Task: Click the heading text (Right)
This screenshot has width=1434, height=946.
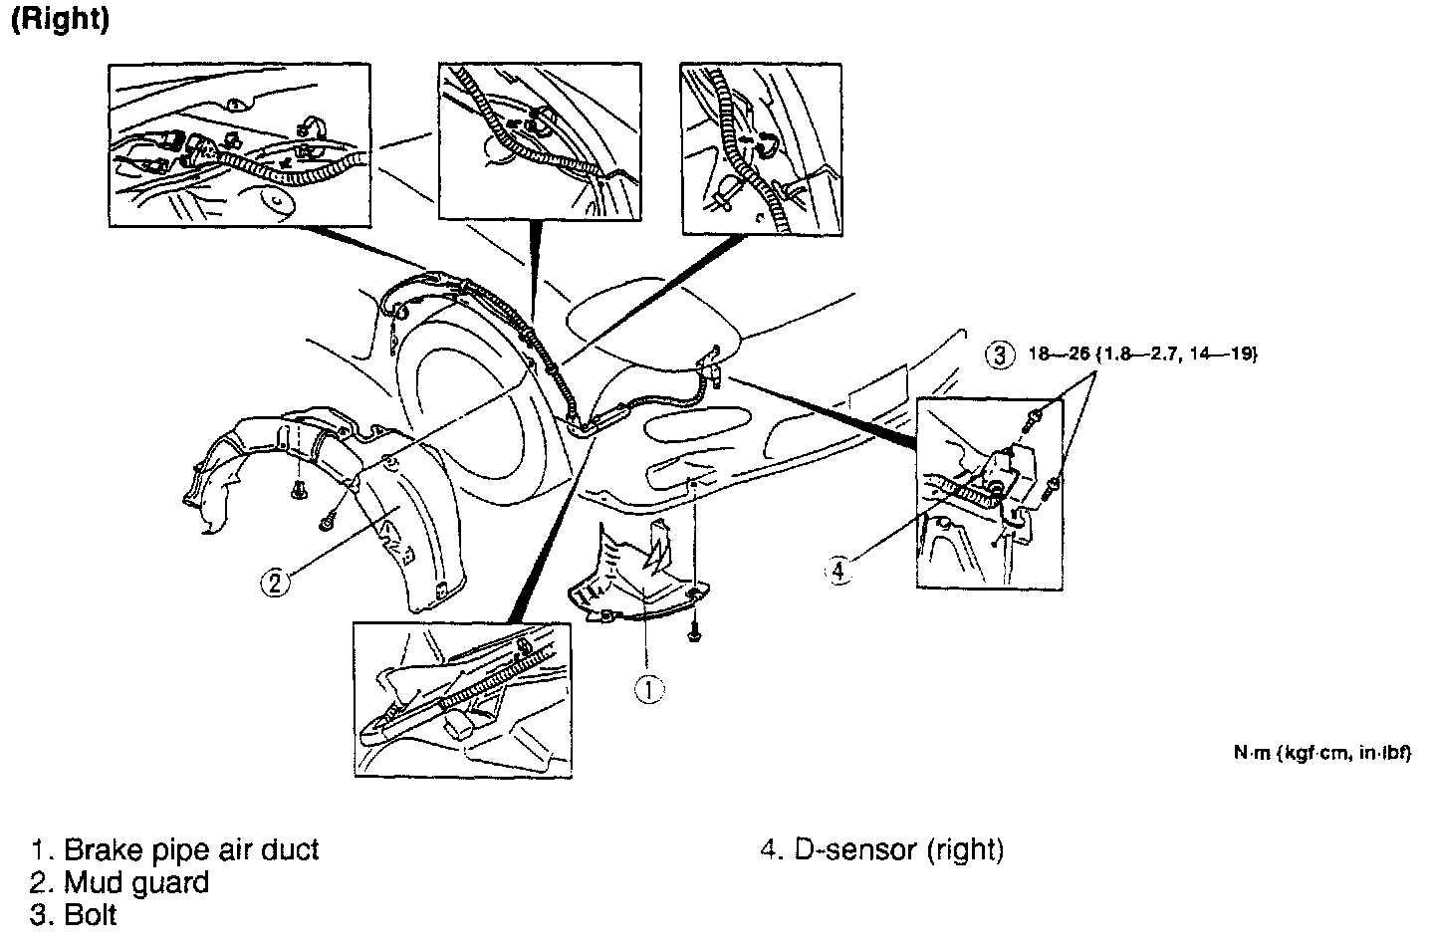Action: coord(60,22)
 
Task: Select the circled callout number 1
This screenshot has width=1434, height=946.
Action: coord(649,689)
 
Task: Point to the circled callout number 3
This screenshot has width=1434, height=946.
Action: coord(1000,354)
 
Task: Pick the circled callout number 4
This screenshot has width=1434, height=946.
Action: coord(839,571)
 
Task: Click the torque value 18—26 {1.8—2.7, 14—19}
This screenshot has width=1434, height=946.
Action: coord(1143,354)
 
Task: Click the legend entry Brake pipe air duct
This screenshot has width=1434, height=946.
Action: coord(175,850)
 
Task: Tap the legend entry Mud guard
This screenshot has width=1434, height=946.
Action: coord(121,883)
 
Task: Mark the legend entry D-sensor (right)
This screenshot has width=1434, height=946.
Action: coord(881,850)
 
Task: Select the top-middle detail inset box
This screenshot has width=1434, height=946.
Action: coord(539,140)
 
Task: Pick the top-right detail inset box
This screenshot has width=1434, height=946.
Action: coord(761,149)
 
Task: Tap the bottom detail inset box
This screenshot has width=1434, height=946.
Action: coord(463,698)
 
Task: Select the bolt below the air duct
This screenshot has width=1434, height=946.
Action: coord(694,631)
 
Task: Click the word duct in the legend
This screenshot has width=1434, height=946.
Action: coord(293,850)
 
